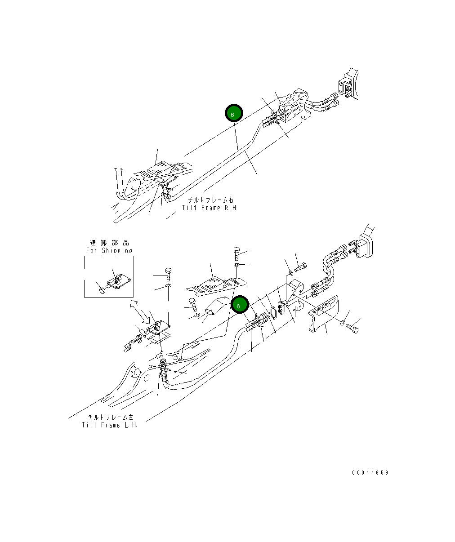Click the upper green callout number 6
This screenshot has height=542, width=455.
234,114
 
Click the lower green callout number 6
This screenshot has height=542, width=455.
239,306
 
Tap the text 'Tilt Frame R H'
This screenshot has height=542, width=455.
209,208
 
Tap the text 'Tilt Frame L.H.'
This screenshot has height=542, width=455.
109,425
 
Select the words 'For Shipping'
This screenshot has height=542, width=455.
109,250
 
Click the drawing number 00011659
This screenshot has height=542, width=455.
370,473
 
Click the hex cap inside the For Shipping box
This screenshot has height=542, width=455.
102,291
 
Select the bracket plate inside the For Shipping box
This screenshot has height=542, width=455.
118,283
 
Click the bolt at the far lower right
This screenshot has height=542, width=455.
352,329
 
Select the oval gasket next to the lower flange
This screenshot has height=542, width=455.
272,314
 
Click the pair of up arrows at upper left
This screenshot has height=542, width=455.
119,180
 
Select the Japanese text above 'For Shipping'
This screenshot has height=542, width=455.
109,243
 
